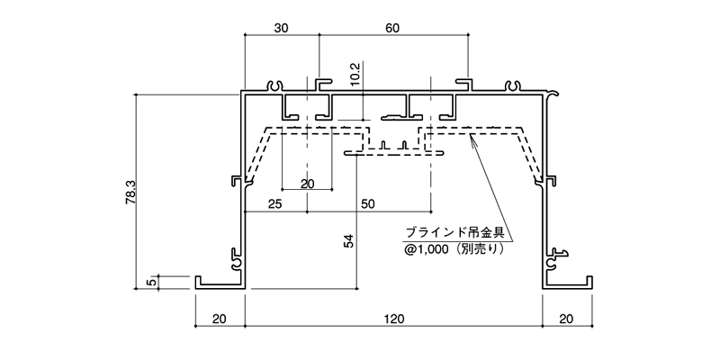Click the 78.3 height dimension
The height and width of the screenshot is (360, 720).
[130, 192]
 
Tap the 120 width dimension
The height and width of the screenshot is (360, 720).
[395, 319]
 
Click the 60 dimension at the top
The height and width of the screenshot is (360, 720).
[392, 29]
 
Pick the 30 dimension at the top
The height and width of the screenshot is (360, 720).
[282, 29]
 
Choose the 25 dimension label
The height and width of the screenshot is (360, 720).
[275, 203]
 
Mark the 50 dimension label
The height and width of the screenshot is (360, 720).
[368, 203]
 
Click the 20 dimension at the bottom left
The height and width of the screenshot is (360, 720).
[220, 319]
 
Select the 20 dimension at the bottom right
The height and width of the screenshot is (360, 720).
[567, 319]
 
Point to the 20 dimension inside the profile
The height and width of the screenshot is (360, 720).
[308, 184]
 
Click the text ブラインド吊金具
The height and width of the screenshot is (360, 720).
[455, 232]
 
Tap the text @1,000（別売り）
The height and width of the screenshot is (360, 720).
[454, 249]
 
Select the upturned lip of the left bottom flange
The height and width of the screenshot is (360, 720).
[198, 281]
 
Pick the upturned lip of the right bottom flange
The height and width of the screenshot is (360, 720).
[589, 281]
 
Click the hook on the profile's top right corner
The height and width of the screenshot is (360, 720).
[553, 94]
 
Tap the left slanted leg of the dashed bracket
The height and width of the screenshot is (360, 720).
[256, 154]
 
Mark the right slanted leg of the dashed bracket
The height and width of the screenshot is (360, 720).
[531, 154]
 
